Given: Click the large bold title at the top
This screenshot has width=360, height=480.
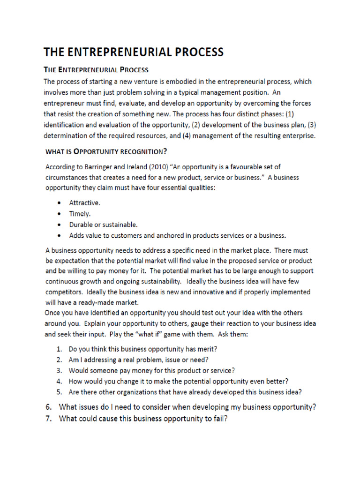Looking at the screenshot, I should [x=134, y=52].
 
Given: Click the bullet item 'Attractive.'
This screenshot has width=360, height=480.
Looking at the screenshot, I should [x=85, y=203].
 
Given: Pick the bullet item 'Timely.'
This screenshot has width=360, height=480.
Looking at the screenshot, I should [x=81, y=214].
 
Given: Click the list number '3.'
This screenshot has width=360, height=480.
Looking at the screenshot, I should [x=60, y=370].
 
